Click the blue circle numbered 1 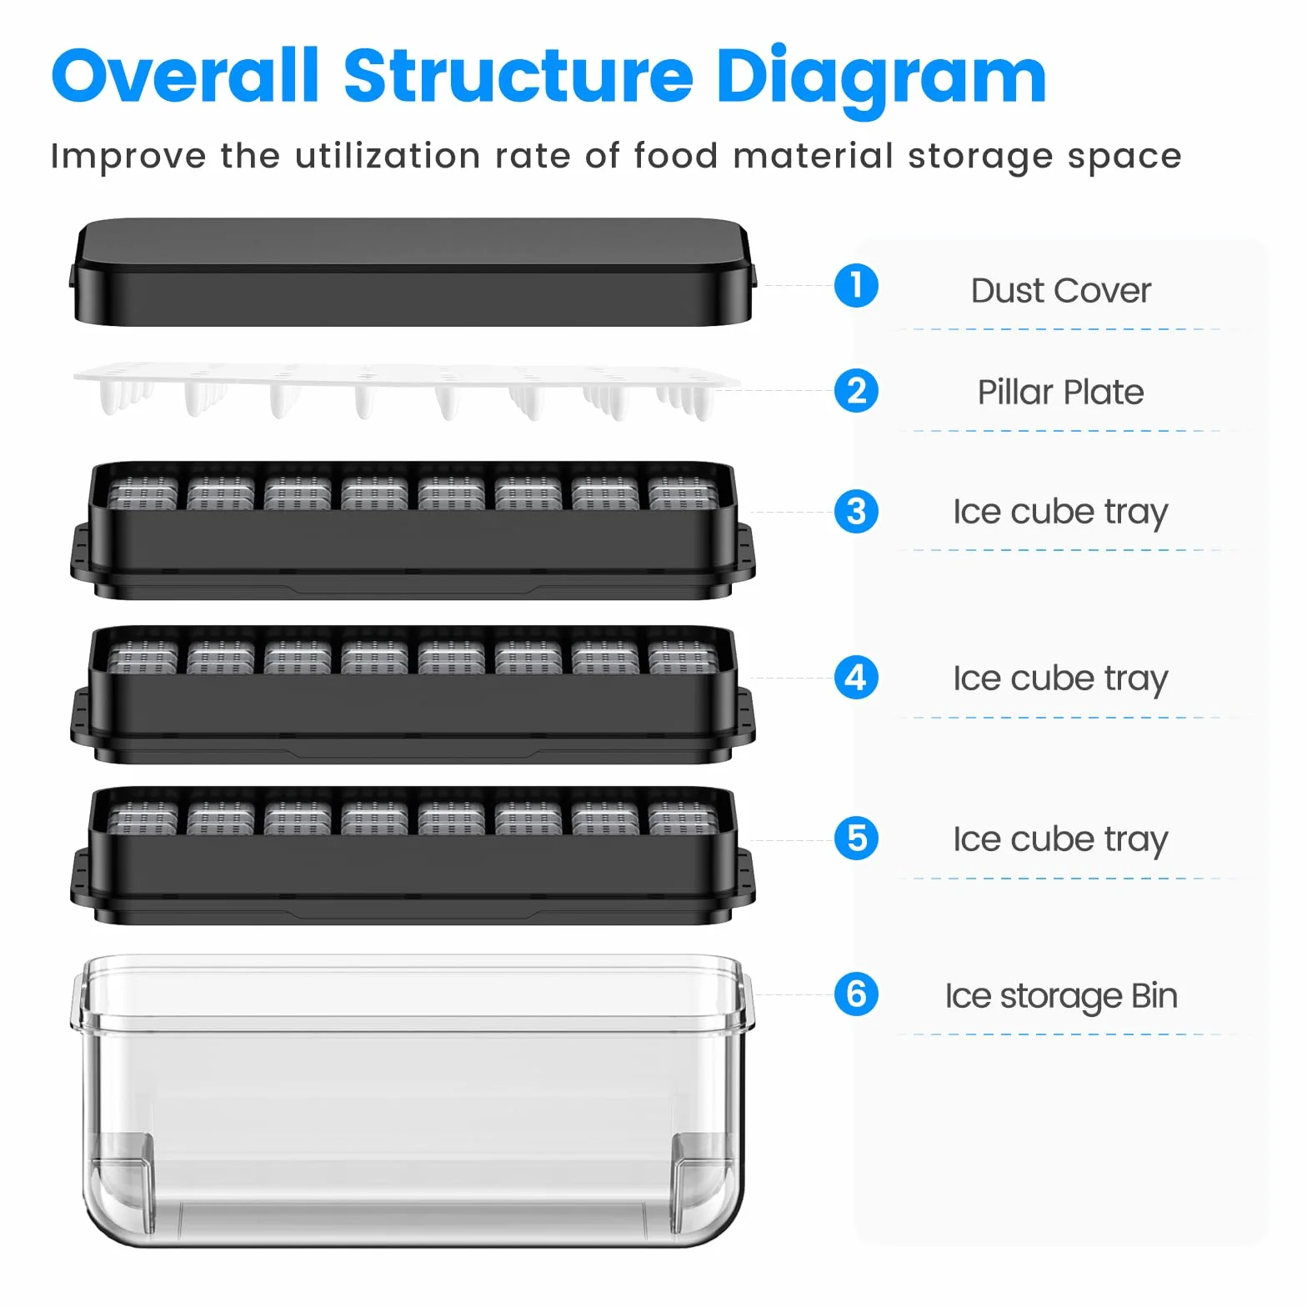(856, 285)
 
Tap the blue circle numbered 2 (856, 390)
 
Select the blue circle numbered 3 (856, 511)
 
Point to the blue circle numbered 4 (856, 678)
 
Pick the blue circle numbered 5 (856, 839)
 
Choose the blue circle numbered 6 (856, 994)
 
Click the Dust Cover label (1060, 291)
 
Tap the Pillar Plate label (1060, 392)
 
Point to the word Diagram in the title (881, 79)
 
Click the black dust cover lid (413, 272)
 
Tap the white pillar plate (407, 390)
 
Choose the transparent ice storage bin (413, 1100)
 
